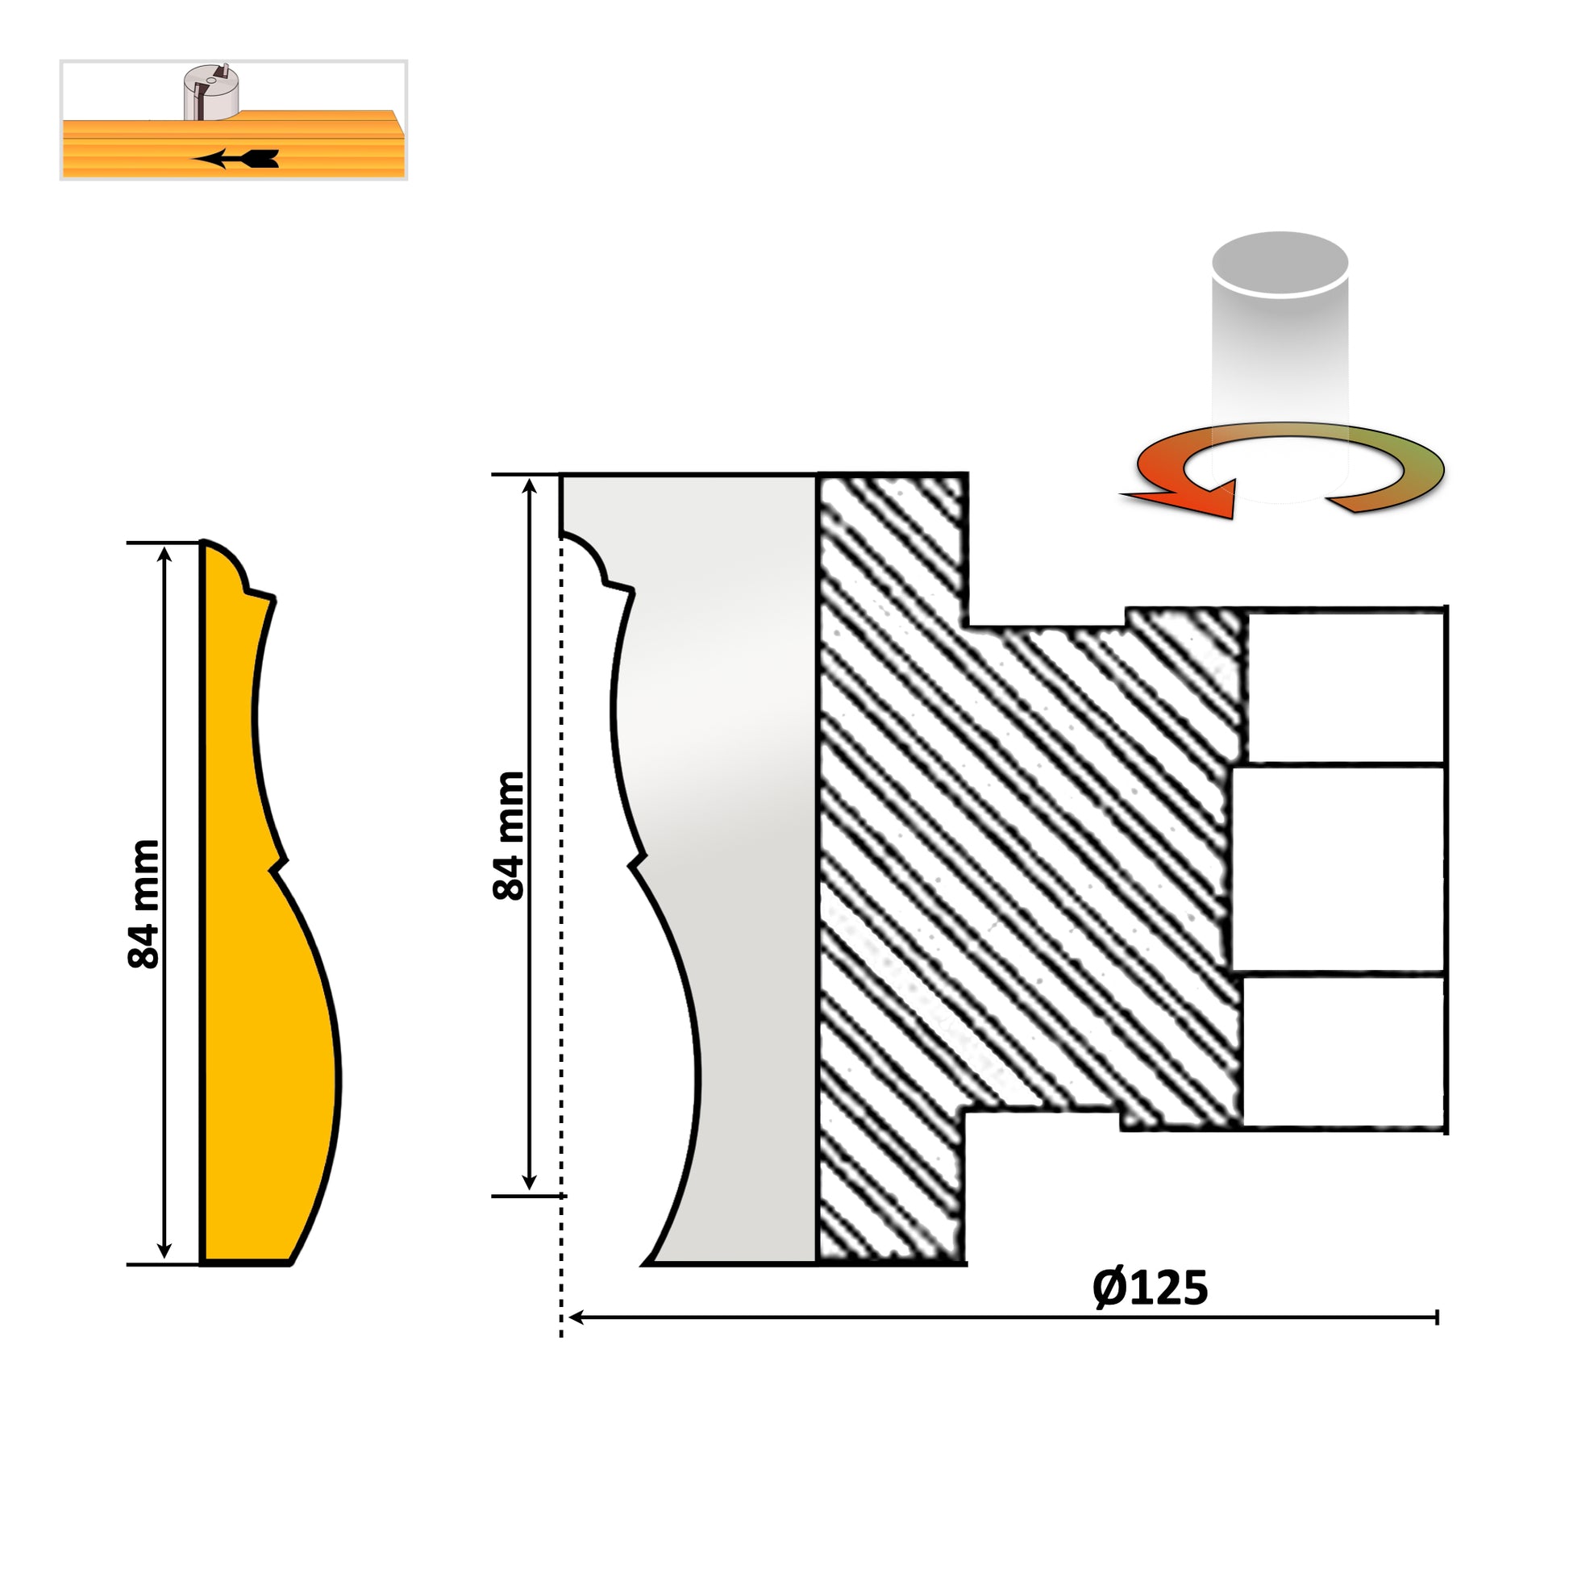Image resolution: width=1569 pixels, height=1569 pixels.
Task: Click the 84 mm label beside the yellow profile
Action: (144, 904)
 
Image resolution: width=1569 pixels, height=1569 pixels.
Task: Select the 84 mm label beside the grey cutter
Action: (510, 835)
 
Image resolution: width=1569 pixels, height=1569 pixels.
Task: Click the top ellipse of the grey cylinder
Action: (1280, 264)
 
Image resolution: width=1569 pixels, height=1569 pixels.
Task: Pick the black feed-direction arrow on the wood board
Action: (235, 159)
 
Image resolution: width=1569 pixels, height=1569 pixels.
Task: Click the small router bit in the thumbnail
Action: (210, 92)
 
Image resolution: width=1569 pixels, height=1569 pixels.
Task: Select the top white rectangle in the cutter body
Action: (1345, 687)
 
